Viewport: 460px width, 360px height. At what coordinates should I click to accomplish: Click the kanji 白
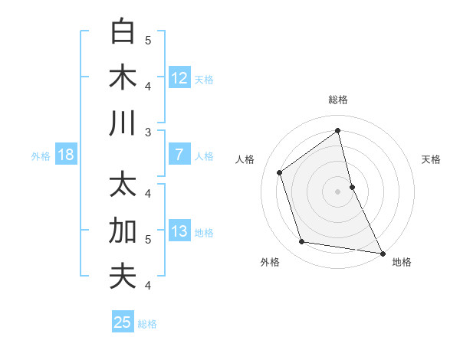[123, 32]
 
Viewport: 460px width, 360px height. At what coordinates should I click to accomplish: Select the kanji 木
[123, 77]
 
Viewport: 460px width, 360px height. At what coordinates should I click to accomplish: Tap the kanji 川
[123, 123]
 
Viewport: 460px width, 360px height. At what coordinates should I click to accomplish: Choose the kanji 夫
[123, 277]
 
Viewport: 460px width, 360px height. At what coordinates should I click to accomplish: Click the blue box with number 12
[179, 78]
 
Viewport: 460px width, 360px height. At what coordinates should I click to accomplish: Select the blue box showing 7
[179, 155]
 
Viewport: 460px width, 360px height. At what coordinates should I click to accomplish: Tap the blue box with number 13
[179, 231]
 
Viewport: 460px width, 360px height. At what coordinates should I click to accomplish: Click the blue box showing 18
[66, 155]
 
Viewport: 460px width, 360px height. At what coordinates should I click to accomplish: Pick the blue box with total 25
[123, 322]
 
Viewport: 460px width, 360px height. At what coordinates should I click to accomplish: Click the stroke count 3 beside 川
[147, 133]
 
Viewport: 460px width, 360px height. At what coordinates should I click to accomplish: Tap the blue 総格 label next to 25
[148, 323]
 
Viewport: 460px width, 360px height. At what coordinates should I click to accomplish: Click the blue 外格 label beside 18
[41, 155]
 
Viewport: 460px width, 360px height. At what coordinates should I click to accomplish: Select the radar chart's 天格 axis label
[431, 159]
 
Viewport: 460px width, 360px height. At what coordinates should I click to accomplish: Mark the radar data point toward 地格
[381, 253]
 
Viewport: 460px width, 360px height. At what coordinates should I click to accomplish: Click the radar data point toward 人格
[280, 172]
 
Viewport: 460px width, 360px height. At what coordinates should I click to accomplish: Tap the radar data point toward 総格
[338, 130]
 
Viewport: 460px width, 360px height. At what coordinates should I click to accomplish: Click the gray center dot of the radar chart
[338, 191]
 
